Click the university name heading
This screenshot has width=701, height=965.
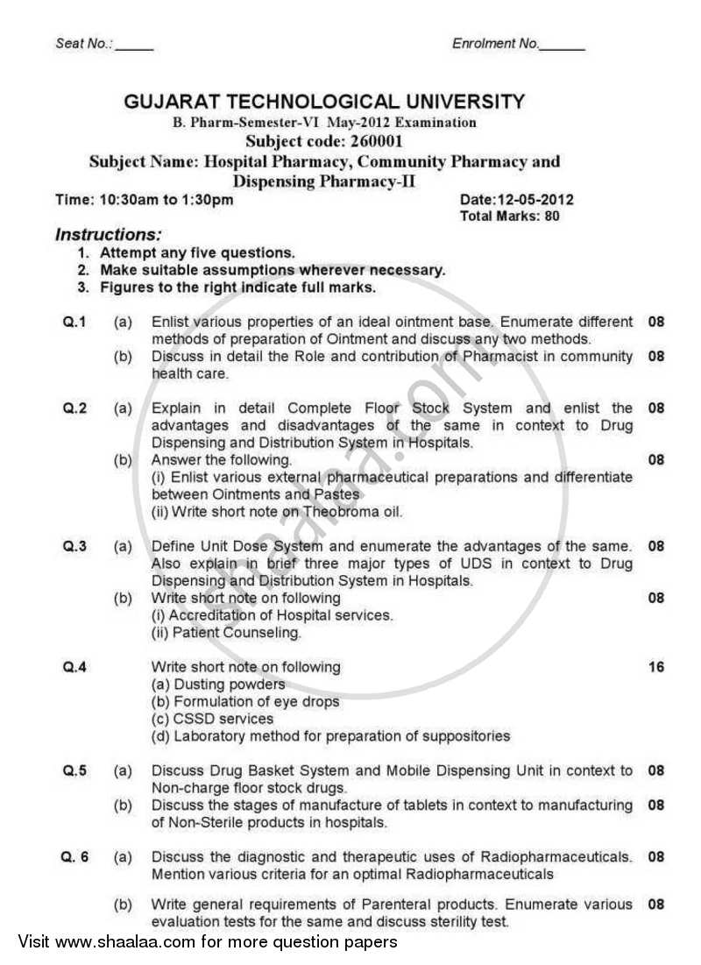324,102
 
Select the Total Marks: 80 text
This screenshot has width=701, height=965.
509,216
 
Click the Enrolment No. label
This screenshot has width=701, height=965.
496,44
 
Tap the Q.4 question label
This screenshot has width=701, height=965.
74,667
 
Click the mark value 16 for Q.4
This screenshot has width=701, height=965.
655,667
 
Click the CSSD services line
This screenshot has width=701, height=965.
213,719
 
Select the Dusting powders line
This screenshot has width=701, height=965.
218,685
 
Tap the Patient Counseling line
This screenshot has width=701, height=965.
226,633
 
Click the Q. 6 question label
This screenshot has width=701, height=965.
75,856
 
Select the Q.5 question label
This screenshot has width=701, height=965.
74,770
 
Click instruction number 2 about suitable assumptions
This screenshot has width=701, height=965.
272,270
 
